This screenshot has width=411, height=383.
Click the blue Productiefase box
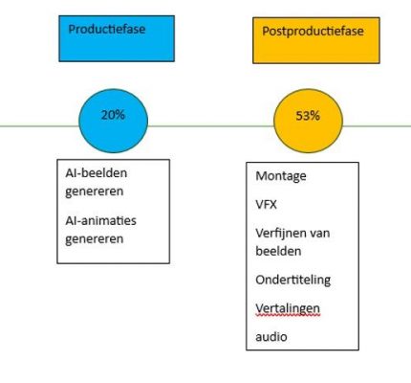point(117,38)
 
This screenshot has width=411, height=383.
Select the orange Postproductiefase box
point(316,40)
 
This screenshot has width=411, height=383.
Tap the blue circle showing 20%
point(113,121)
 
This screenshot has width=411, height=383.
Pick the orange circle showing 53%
point(308,121)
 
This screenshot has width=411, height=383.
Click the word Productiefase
point(107,30)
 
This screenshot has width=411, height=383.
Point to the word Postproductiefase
point(313,32)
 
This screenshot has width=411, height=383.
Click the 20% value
point(113,115)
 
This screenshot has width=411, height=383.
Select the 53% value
point(308,116)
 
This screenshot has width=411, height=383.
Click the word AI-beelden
point(97,173)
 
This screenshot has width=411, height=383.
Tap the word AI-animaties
point(100,220)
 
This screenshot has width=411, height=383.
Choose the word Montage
point(281,176)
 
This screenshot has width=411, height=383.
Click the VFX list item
point(266,204)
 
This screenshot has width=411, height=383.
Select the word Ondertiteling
point(292,280)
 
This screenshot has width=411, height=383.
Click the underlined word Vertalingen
point(288,308)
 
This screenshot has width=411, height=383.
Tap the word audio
point(271,337)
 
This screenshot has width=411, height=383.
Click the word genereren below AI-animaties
point(95,239)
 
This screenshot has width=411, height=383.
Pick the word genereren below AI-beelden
point(95,191)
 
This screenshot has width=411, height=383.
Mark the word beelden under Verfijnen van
point(278,251)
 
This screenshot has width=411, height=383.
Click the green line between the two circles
point(211,126)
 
